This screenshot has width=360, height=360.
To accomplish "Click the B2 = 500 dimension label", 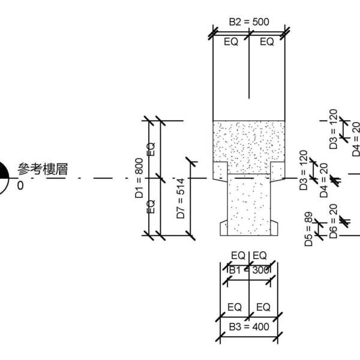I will pyautogui.click(x=248, y=22).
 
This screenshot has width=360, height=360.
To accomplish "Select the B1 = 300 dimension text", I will pyautogui.click(x=248, y=271).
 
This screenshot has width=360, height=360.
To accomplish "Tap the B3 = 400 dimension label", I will pyautogui.click(x=248, y=327).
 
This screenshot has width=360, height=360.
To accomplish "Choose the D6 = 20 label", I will pyautogui.click(x=333, y=221).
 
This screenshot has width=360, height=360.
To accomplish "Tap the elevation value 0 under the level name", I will pyautogui.click(x=20, y=186).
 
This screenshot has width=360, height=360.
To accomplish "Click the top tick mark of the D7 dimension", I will pyautogui.click(x=190, y=161).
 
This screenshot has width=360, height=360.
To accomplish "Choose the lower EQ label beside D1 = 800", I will pyautogui.click(x=151, y=206).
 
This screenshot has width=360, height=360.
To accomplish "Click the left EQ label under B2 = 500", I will pyautogui.click(x=232, y=42).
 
